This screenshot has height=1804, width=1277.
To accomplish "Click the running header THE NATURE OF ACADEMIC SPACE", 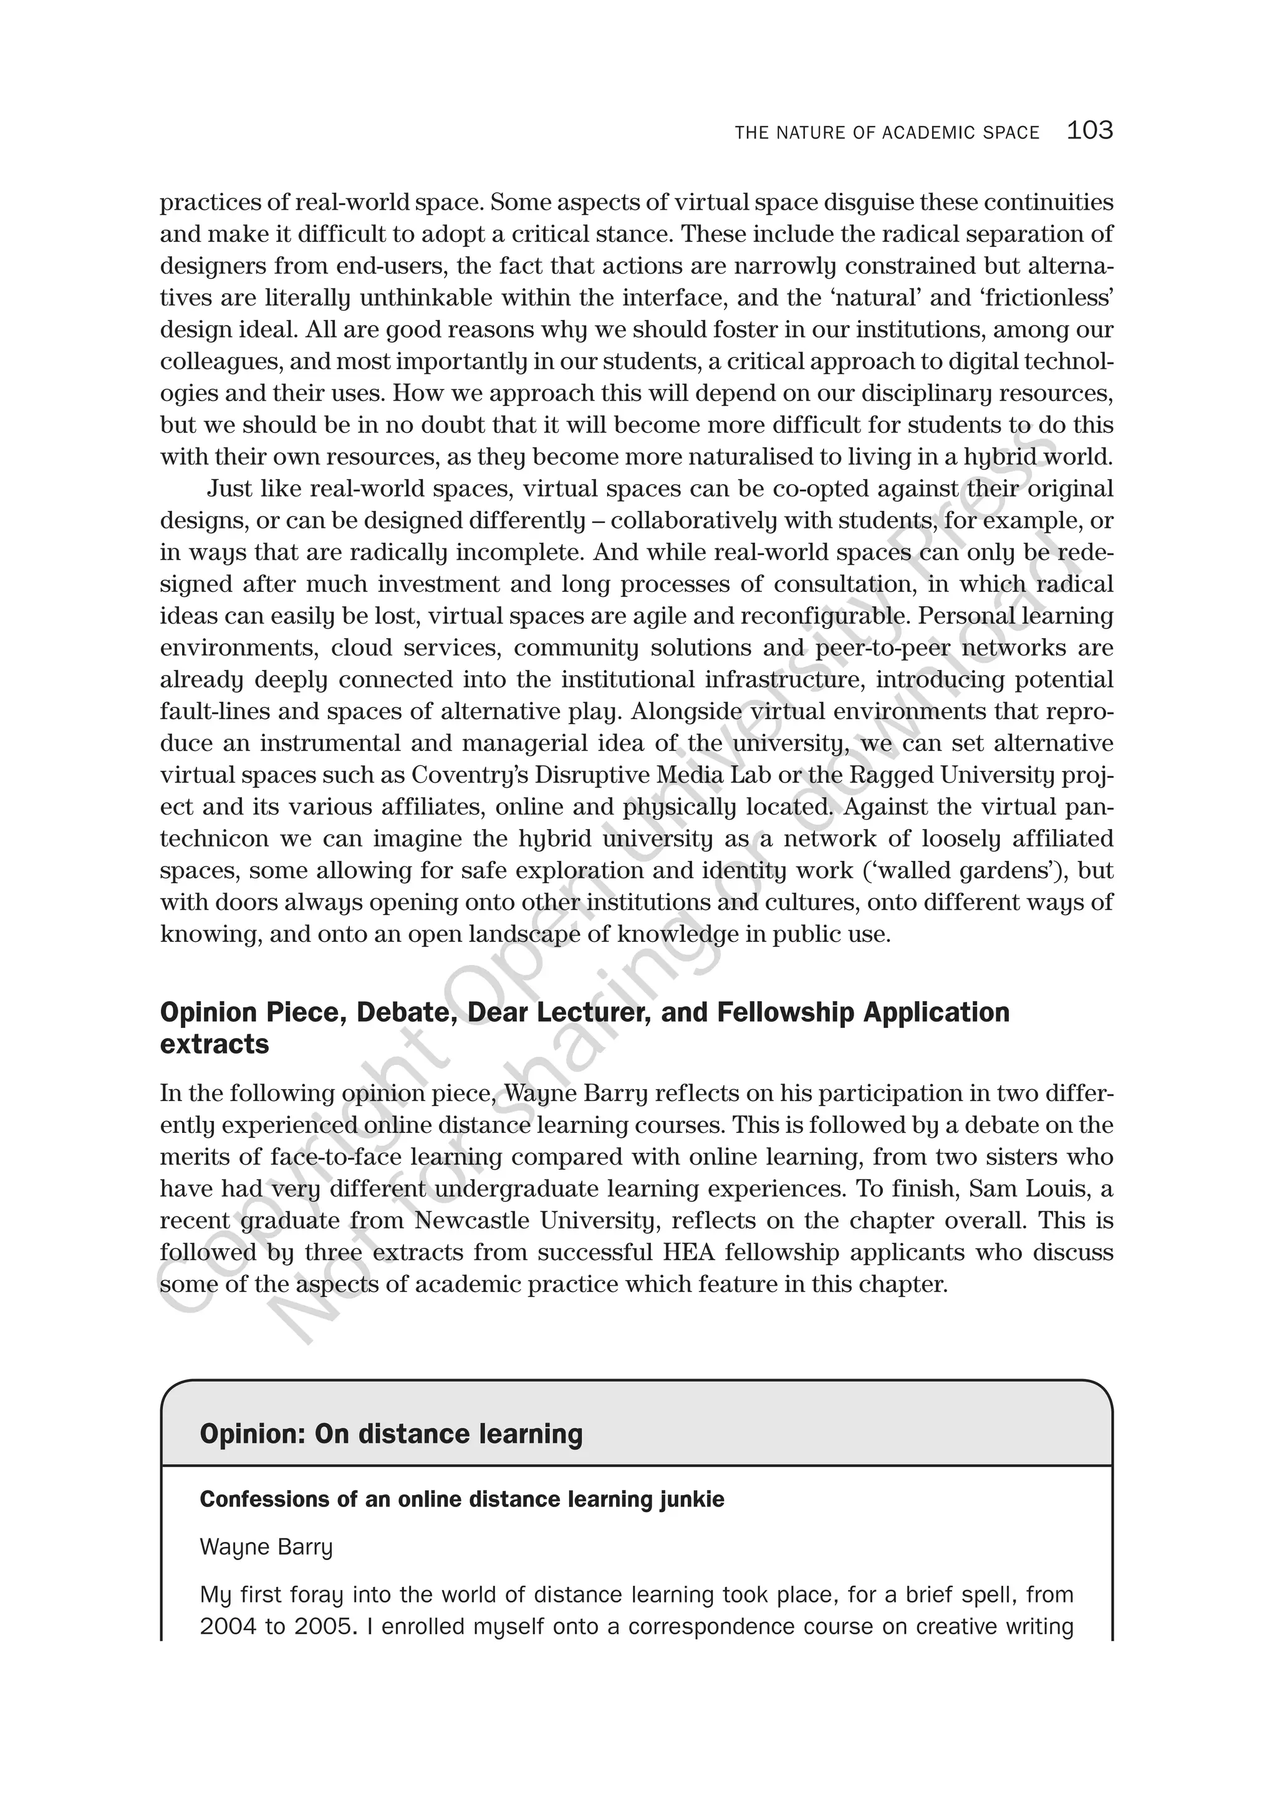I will tap(887, 133).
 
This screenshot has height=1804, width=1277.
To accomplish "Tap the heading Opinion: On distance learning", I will tap(391, 1433).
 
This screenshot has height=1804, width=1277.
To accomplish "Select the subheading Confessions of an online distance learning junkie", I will tap(461, 1500).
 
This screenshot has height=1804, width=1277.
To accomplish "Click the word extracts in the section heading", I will tap(214, 1044).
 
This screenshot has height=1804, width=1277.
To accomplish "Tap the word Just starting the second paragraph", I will tap(230, 488).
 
